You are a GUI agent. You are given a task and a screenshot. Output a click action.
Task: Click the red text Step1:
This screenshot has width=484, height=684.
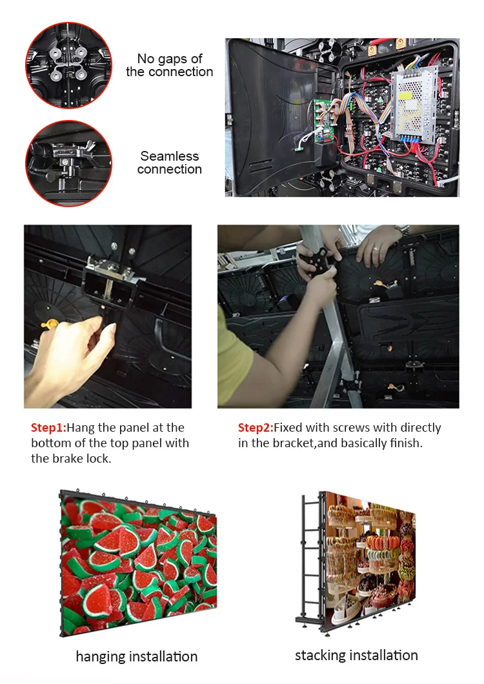(x=48, y=428)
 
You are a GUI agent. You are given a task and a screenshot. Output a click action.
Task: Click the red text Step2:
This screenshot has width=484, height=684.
(x=256, y=428)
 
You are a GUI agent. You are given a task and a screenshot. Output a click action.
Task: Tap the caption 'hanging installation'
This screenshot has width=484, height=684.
(x=137, y=656)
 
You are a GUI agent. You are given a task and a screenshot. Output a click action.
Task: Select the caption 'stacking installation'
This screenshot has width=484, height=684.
(x=356, y=655)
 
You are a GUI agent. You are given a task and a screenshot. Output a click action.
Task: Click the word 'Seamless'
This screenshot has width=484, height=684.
(x=169, y=156)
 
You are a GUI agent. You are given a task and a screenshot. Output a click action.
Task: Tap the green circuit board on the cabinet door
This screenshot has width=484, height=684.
(x=325, y=121)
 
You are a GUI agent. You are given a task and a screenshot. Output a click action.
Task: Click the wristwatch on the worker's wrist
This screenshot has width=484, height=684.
(x=403, y=230)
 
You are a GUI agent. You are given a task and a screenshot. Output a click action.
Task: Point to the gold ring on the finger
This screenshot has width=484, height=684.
(x=376, y=250)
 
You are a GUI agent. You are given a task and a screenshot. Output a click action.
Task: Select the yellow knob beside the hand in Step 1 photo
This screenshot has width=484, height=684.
(x=49, y=325)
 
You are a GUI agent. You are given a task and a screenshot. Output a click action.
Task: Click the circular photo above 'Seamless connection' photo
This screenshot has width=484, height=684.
(x=68, y=65)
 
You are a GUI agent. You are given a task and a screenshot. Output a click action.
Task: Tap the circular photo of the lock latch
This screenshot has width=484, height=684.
(x=68, y=163)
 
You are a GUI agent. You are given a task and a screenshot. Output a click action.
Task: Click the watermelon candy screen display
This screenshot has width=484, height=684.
(x=138, y=563)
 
